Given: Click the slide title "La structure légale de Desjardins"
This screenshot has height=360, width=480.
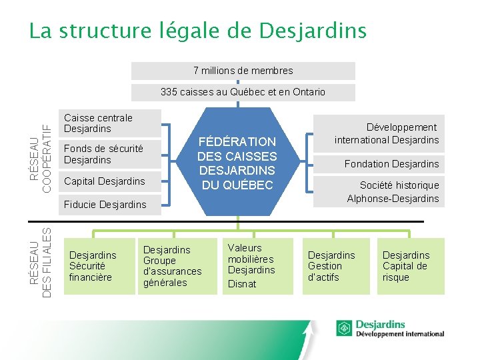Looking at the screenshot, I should tap(197, 31).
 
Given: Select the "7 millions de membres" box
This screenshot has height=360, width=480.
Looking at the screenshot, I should tap(243, 71).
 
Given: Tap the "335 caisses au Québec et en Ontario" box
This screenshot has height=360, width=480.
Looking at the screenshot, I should tap(243, 92).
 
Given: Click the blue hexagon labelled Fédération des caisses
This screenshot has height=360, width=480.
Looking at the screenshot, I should tap(237, 163).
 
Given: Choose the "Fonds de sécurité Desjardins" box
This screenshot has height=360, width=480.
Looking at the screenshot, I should tap(103, 155).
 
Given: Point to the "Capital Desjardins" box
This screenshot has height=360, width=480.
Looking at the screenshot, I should tap(104, 181).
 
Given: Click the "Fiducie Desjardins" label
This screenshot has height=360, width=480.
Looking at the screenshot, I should tap(105, 205).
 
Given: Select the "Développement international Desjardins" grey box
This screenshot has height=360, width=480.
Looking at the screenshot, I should tap(387, 133).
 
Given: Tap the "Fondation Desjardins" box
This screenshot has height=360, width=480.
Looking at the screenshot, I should tap(391, 164).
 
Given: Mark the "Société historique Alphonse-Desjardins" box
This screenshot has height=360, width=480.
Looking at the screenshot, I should tap(392, 192).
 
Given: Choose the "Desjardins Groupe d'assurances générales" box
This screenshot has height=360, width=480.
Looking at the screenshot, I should tap(173, 266).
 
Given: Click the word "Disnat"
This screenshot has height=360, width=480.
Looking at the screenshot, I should tap(242, 284).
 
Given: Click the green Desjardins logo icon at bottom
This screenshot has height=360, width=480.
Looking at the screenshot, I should tap(344, 328).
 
